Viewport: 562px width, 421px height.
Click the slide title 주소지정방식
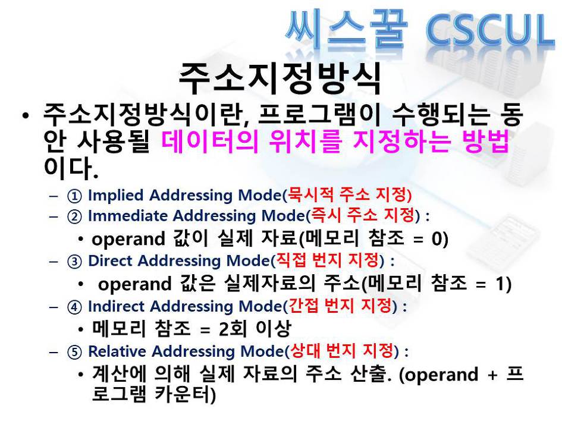(280, 78)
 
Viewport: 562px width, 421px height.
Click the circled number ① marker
(74, 196)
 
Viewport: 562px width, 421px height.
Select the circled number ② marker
(74, 217)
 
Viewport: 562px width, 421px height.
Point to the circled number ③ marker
(74, 262)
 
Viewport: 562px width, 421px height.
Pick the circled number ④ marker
(74, 307)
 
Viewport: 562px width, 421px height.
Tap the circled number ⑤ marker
(74, 352)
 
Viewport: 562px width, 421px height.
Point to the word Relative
(117, 351)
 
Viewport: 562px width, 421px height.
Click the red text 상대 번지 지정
(342, 350)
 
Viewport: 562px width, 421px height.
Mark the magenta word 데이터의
(210, 140)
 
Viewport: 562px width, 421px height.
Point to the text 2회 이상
(255, 329)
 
